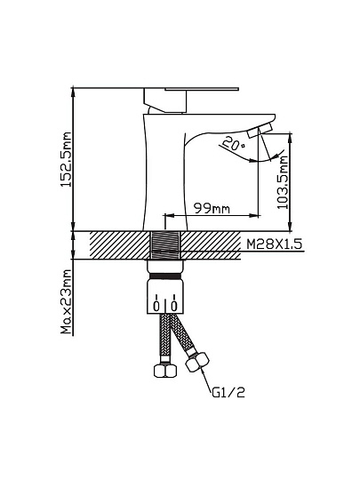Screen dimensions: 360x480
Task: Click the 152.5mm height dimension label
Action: (x=66, y=159)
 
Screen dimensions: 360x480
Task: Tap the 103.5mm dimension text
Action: (x=283, y=182)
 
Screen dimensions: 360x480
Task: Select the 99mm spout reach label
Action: (x=212, y=209)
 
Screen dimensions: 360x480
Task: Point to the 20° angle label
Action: (x=234, y=143)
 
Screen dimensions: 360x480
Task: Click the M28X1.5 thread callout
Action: (x=275, y=244)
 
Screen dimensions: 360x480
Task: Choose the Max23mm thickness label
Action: (x=66, y=301)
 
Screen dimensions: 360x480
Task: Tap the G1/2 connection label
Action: (x=228, y=393)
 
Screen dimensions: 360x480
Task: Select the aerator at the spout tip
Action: (x=260, y=130)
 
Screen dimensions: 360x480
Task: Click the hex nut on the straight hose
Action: (x=165, y=371)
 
